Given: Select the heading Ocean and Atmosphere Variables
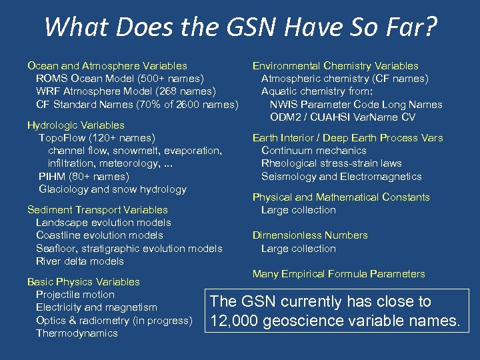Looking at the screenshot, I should pos(107,66).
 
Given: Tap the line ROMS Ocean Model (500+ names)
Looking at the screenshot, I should pos(119,79).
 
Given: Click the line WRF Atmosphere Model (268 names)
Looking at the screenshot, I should pos(126,91).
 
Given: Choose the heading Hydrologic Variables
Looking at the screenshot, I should pos(75,125).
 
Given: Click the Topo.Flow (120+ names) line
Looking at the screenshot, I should pos(97,138).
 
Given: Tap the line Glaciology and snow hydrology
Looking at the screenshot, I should pos(113,189).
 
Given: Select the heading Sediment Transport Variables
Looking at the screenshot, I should pos(97,210).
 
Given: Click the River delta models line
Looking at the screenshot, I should pos(80,261).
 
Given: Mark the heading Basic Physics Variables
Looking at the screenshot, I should pos(83,282).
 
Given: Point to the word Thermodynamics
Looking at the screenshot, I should pos(77,333).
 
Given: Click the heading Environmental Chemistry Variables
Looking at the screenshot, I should pos(335,66).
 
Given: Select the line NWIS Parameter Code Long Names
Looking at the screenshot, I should pos(356,105).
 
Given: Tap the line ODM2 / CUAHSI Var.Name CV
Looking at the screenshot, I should pos(343,117).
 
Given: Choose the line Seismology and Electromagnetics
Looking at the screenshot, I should pos(341,177).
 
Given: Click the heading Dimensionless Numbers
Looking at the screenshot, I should pos(310,235).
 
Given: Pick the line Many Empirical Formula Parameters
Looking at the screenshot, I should pos(339,274).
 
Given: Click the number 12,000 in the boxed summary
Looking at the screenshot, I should pos(234,321).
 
